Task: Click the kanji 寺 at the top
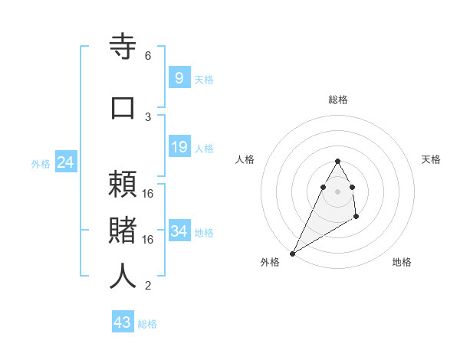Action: [x=123, y=47]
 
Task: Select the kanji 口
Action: [x=123, y=107]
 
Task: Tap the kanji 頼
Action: [x=123, y=186]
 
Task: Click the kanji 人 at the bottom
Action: [x=123, y=276]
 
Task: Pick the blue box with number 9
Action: [x=179, y=77]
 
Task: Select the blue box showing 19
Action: [x=179, y=147]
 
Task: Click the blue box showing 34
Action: [x=179, y=231]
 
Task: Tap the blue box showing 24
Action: [x=66, y=162]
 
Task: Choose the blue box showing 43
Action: [x=123, y=322]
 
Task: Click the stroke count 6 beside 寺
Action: [x=148, y=56]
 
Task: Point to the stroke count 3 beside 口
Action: [x=148, y=116]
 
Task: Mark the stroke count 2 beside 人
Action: [x=148, y=286]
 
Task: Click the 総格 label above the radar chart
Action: [x=338, y=100]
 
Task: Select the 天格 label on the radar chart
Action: [x=431, y=159]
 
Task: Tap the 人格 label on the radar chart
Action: [x=245, y=159]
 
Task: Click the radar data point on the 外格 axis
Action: [x=292, y=253]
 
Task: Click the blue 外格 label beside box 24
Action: [x=41, y=164]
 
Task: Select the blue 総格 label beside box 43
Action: [x=147, y=324]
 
